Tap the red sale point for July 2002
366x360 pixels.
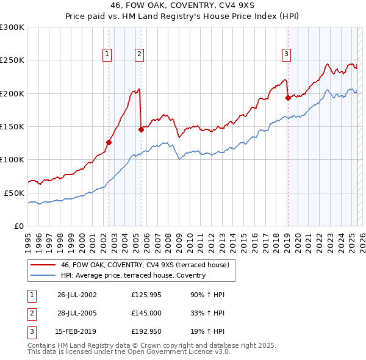pyautogui.click(x=109, y=142)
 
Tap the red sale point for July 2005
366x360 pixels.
pyautogui.click(x=141, y=129)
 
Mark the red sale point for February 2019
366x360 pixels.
pyautogui.click(x=287, y=97)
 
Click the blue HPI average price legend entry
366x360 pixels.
pyautogui.click(x=133, y=275)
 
